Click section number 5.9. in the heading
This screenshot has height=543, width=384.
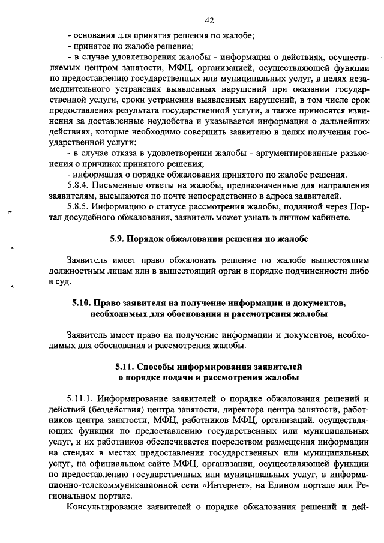pyautogui.click(x=118, y=239)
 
